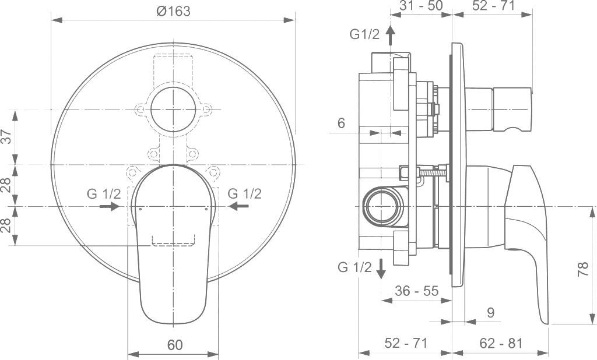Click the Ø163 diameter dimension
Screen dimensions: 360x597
174,11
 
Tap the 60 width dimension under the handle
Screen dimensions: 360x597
174,344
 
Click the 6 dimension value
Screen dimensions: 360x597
341,123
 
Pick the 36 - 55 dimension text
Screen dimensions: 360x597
416,290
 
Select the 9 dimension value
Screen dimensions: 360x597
490,312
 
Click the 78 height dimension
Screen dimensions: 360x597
581,269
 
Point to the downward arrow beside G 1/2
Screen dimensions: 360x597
381,268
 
